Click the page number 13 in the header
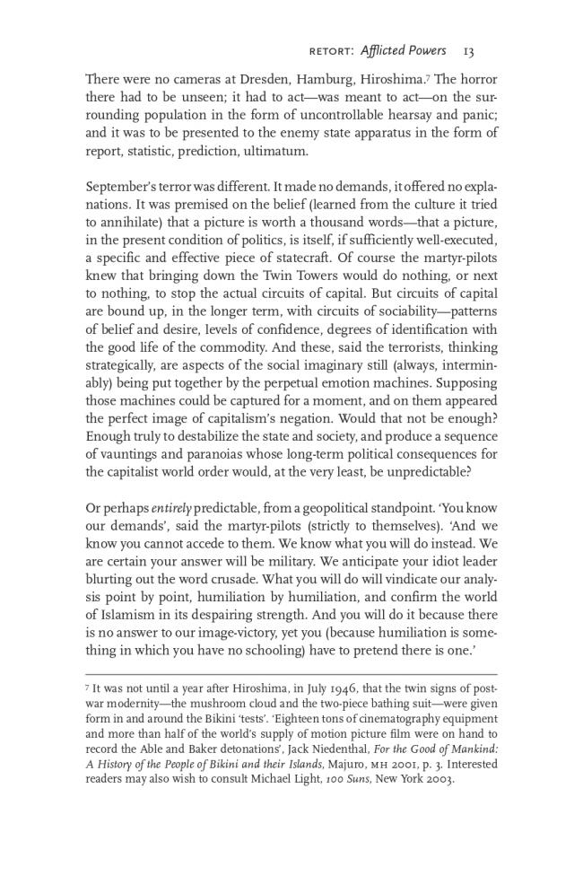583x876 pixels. click(469, 50)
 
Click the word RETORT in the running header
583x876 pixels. click(332, 51)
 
